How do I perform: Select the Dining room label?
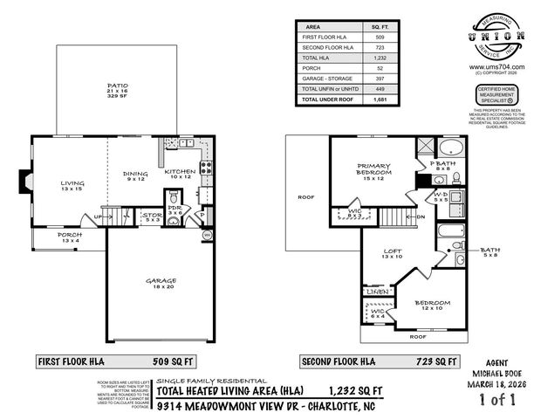click(x=134, y=174)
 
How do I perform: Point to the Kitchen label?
click(x=181, y=173)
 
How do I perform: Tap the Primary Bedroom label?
click(x=373, y=169)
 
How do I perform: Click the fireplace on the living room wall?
click(x=22, y=181)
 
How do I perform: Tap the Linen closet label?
click(x=377, y=291)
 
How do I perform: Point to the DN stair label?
click(x=421, y=218)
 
